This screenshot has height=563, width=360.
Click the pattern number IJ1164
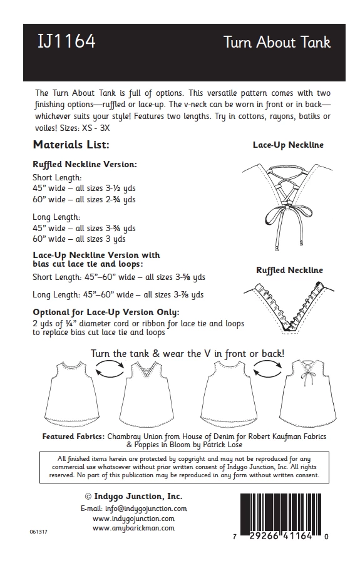(x=66, y=42)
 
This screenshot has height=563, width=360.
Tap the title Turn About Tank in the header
(x=277, y=43)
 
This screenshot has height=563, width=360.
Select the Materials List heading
(x=71, y=145)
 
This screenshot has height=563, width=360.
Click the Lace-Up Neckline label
(x=288, y=145)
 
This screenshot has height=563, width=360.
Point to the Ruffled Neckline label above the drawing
(x=289, y=270)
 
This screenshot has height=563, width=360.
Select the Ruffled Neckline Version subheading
(x=85, y=165)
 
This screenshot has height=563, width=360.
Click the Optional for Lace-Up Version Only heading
(x=106, y=312)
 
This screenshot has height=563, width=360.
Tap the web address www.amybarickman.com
(x=133, y=528)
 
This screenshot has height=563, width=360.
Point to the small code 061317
(x=39, y=531)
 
